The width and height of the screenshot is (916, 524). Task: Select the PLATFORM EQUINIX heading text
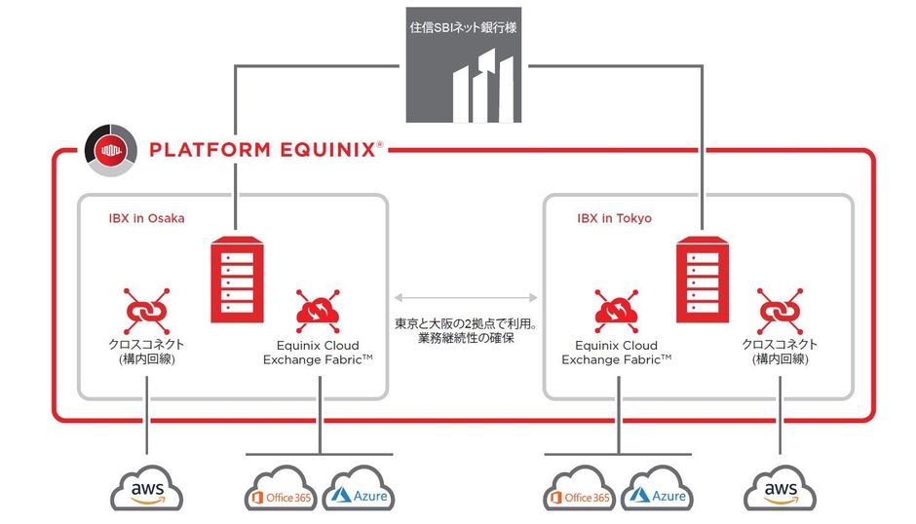pyautogui.click(x=261, y=150)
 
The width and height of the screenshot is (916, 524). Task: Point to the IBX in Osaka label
pyautogui.click(x=146, y=218)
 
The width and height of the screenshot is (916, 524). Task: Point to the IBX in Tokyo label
pyautogui.click(x=614, y=218)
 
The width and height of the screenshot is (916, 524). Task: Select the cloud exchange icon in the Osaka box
pyautogui.click(x=316, y=311)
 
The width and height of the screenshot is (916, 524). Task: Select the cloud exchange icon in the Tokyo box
pyautogui.click(x=616, y=311)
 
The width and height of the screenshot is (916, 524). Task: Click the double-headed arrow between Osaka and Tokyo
pyautogui.click(x=467, y=295)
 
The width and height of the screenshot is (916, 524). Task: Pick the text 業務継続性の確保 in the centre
pyautogui.click(x=465, y=338)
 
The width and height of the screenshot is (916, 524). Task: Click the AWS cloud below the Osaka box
pyautogui.click(x=147, y=489)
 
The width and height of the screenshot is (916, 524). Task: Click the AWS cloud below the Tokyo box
pyautogui.click(x=781, y=489)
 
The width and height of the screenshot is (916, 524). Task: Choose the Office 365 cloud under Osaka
pyautogui.click(x=281, y=492)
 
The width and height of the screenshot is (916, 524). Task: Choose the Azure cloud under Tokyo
pyautogui.click(x=657, y=492)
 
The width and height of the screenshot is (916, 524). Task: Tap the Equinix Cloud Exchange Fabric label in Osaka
pyautogui.click(x=318, y=353)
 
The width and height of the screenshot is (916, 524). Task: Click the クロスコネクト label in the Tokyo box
pyautogui.click(x=780, y=345)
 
